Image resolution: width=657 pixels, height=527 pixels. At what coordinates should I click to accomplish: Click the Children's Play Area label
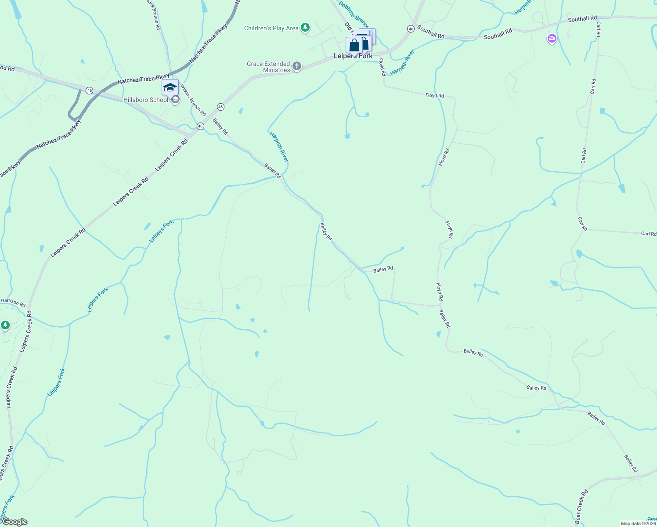[271, 29]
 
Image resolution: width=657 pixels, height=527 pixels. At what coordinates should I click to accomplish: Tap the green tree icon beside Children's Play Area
[305, 28]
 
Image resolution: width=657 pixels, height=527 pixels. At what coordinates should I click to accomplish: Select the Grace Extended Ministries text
[268, 67]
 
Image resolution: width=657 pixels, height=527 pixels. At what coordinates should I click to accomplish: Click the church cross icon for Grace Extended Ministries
[297, 67]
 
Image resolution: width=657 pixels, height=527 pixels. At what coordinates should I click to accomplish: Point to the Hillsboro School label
[146, 100]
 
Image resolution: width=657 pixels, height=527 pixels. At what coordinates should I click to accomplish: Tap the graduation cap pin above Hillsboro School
[170, 88]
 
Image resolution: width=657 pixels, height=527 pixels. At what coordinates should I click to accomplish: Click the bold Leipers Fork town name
[353, 56]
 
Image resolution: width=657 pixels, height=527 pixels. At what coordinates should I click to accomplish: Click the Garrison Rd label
[13, 303]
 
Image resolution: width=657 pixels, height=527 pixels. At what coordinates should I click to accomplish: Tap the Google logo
[14, 522]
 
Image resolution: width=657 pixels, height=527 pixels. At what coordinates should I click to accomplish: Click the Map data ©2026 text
[638, 523]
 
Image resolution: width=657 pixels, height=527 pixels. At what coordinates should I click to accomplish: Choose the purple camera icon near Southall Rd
[552, 39]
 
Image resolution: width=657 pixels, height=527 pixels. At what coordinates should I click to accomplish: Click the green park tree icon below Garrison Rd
[5, 325]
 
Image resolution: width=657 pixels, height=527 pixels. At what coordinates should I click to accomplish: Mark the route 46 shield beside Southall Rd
[411, 29]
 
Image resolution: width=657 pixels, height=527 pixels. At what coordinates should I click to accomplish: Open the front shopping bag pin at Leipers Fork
[354, 46]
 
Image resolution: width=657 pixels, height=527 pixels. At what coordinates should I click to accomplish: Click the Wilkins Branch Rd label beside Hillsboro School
[192, 100]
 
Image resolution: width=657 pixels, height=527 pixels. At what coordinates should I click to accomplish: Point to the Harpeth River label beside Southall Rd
[402, 62]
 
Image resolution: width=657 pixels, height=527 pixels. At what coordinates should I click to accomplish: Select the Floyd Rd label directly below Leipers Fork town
[382, 67]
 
